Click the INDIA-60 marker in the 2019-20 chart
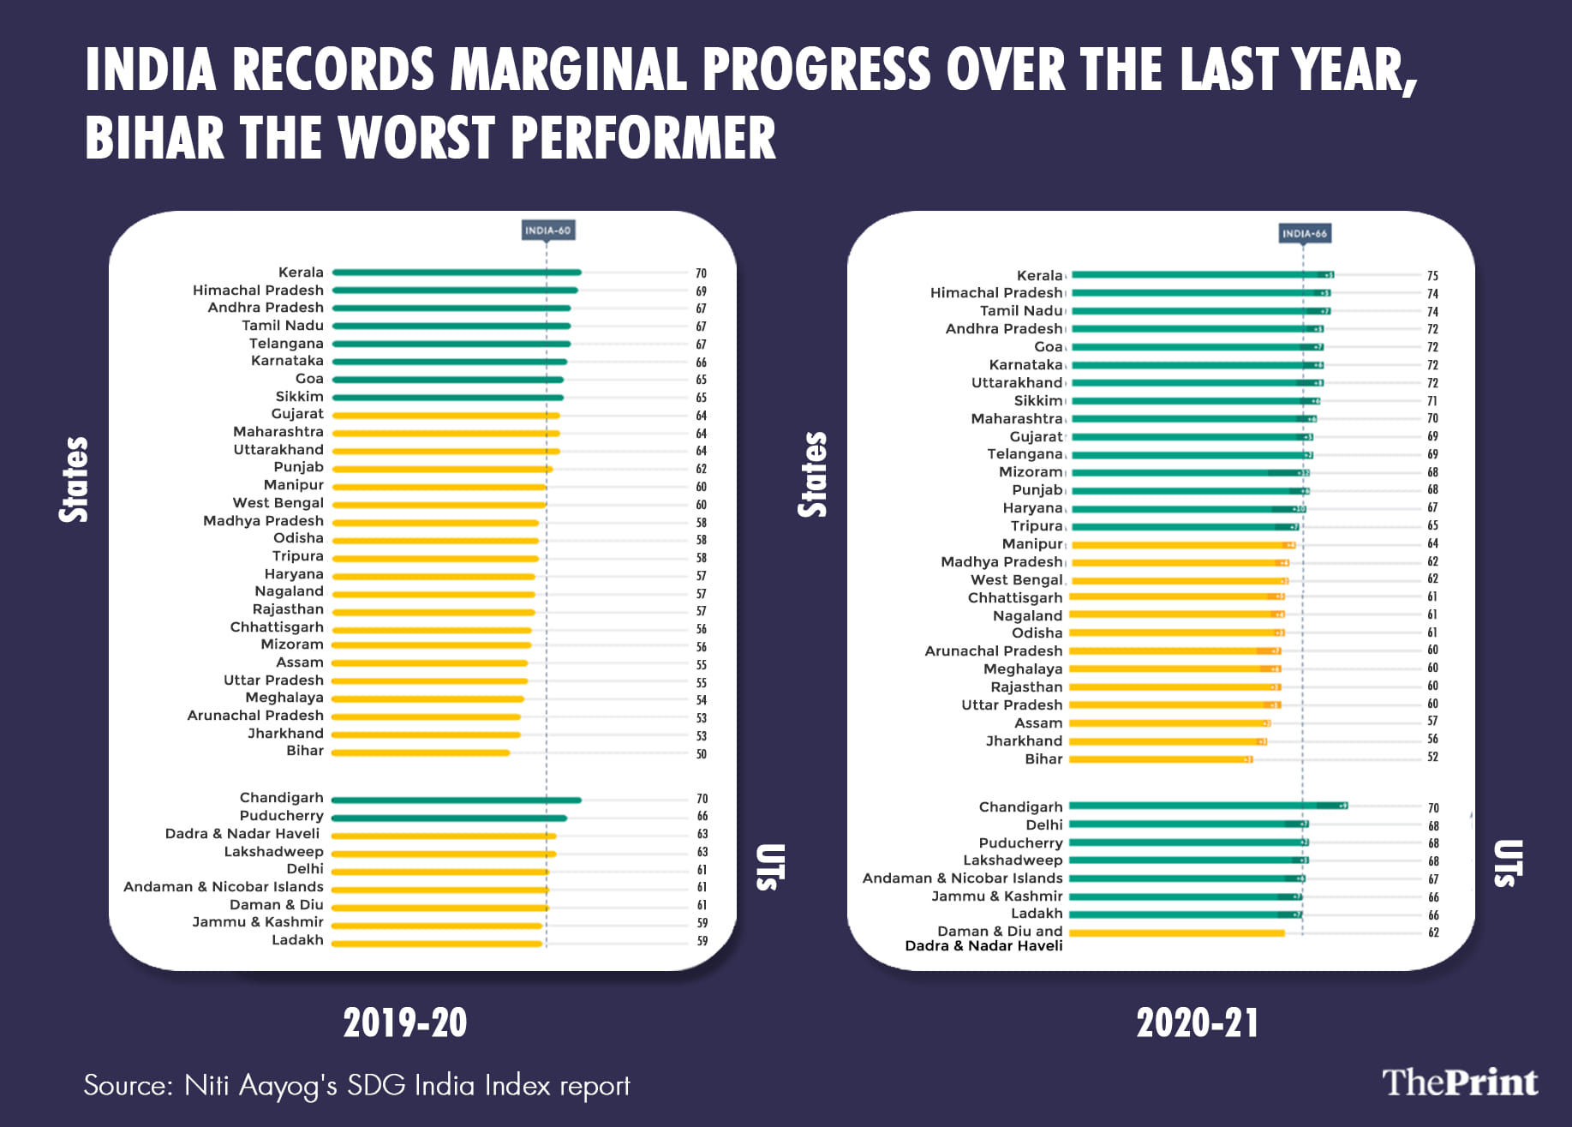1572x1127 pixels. [x=547, y=231]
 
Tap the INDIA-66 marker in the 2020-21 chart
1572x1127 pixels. [x=1304, y=233]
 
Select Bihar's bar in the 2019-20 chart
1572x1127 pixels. [x=421, y=753]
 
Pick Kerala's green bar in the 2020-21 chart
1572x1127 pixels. [x=1199, y=275]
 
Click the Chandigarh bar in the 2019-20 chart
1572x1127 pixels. [x=457, y=800]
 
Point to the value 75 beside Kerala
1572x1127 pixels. [x=1432, y=276]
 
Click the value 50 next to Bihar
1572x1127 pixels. [x=702, y=754]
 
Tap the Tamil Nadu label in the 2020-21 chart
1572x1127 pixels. [x=1021, y=311]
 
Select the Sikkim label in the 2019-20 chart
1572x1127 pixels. [x=299, y=397]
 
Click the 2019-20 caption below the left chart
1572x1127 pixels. [x=405, y=1023]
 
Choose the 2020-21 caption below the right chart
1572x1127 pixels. [x=1198, y=1023]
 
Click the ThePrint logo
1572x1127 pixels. [x=1460, y=1082]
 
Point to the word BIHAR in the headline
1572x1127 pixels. [x=154, y=139]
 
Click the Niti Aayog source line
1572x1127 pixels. [x=356, y=1086]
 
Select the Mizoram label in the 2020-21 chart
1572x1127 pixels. [x=1031, y=472]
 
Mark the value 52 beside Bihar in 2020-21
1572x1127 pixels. [x=1432, y=758]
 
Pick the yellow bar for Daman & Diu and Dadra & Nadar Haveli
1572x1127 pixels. [x=1177, y=933]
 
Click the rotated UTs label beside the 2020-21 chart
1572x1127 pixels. [x=1508, y=862]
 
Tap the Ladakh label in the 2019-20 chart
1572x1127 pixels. [x=297, y=940]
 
